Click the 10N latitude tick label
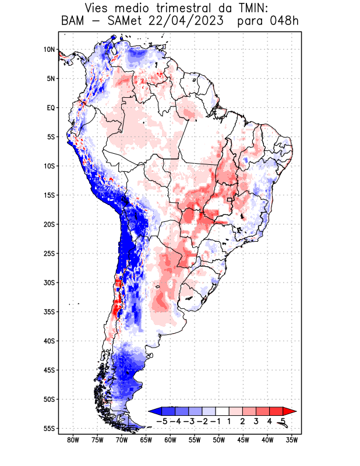pos(48,50)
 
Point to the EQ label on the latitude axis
pos(51,108)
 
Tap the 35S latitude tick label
pos(48,312)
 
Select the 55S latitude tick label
pos(48,428)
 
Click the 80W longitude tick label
pos(73,440)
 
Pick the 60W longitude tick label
pos(171,440)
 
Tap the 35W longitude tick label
pos(292,440)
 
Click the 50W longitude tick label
pos(220,440)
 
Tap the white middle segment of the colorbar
pos(223,411)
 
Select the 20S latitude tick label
pos(48,224)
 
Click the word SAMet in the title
pos(121,22)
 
